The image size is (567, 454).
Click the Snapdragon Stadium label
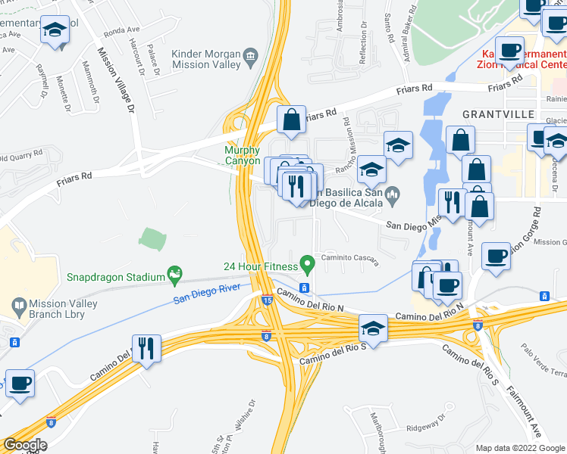115,277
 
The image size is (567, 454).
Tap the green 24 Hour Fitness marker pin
307,266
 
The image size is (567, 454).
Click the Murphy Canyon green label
242,156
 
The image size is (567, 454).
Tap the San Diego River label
206,294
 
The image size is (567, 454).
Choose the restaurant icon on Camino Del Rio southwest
144,348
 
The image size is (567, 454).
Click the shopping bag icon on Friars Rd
291,119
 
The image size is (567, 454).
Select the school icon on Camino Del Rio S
371,328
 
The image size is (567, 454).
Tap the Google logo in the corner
25,445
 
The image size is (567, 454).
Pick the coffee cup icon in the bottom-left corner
19,382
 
